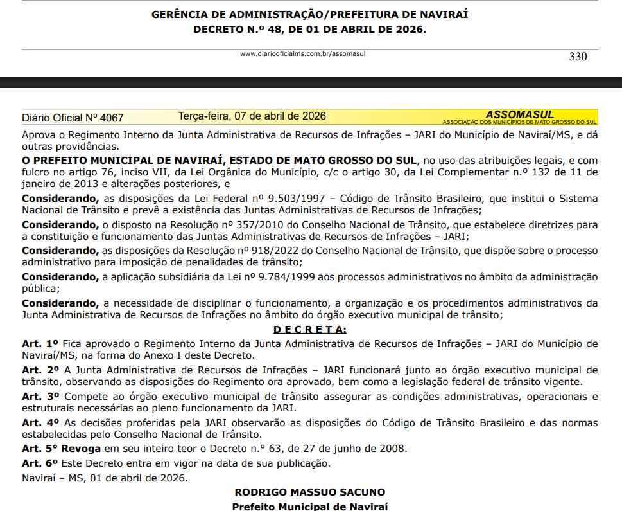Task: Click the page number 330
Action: (578, 57)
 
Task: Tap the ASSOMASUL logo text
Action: (519, 114)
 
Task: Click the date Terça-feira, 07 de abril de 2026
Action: (252, 116)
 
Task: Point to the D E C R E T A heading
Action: (309, 330)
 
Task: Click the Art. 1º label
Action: (40, 343)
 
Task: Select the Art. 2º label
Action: (40, 370)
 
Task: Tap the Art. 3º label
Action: (40, 397)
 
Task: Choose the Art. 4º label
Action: (40, 423)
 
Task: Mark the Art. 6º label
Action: (40, 463)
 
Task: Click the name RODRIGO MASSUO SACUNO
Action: (310, 492)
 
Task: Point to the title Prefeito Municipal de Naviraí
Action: (310, 507)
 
